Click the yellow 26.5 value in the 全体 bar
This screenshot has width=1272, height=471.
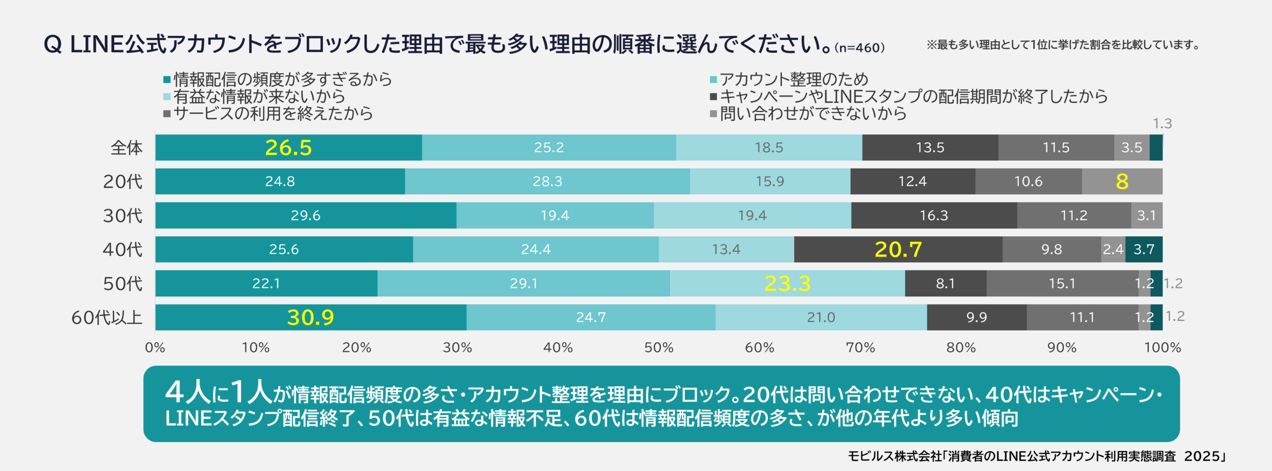pyautogui.click(x=288, y=148)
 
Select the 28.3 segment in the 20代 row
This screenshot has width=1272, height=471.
pyautogui.click(x=547, y=182)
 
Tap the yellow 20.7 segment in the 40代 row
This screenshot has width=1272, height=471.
pyautogui.click(x=898, y=250)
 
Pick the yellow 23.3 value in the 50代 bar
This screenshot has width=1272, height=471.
pyautogui.click(x=787, y=283)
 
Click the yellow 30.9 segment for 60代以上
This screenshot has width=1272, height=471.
pyautogui.click(x=311, y=317)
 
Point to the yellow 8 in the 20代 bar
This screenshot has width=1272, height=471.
pyautogui.click(x=1122, y=182)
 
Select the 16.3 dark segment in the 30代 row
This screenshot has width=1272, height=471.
pyautogui.click(x=934, y=215)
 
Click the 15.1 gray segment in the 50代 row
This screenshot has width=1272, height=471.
pyautogui.click(x=1062, y=283)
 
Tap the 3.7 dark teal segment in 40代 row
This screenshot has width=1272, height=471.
pyautogui.click(x=1144, y=249)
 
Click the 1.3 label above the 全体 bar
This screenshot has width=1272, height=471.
pyautogui.click(x=1162, y=123)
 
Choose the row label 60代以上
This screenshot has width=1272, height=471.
pyautogui.click(x=107, y=317)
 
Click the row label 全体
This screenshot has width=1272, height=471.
pyautogui.click(x=126, y=148)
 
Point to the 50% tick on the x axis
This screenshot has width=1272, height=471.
pyautogui.click(x=659, y=347)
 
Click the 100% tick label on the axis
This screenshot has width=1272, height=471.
pyautogui.click(x=1162, y=347)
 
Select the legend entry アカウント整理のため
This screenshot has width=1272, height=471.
pyautogui.click(x=794, y=79)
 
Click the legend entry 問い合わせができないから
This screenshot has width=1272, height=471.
pyautogui.click(x=813, y=114)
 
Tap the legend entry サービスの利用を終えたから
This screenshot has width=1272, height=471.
pyautogui.click(x=273, y=114)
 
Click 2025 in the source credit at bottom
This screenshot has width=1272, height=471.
pyautogui.click(x=1202, y=456)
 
